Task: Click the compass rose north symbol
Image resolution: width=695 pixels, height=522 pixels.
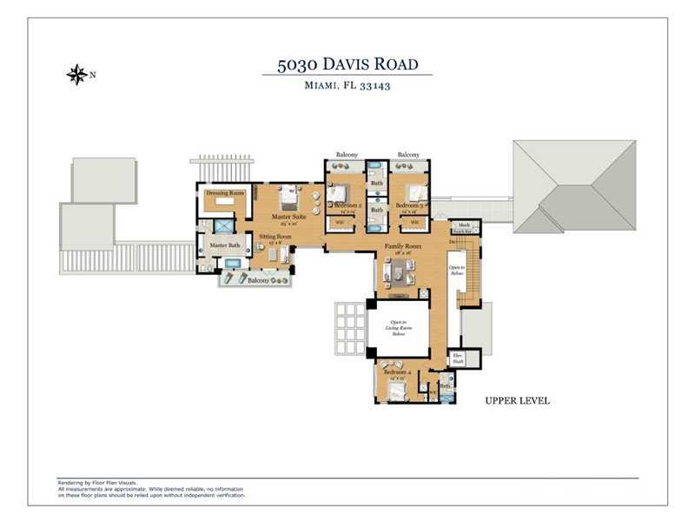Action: pyautogui.click(x=76, y=75)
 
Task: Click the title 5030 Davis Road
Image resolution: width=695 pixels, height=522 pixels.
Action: pyautogui.click(x=347, y=64)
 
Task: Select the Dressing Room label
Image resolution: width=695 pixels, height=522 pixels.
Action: pyautogui.click(x=225, y=192)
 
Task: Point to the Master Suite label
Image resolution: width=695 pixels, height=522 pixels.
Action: pyautogui.click(x=287, y=216)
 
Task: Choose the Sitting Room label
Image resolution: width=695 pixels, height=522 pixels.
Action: pyautogui.click(x=275, y=237)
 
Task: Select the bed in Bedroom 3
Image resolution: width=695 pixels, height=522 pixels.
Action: pyautogui.click(x=417, y=193)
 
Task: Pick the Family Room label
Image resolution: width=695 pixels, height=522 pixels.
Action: pyautogui.click(x=402, y=247)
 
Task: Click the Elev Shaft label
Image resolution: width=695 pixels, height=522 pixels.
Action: pyautogui.click(x=457, y=358)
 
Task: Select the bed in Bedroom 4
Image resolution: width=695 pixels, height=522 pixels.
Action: pyautogui.click(x=397, y=391)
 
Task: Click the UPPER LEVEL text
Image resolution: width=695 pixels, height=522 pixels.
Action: pyautogui.click(x=517, y=401)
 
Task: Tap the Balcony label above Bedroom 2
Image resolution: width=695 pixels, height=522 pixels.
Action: pyautogui.click(x=347, y=155)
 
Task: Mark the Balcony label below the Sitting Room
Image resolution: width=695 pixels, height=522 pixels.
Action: pyautogui.click(x=258, y=281)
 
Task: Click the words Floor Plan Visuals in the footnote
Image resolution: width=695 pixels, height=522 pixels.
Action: pyautogui.click(x=117, y=482)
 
